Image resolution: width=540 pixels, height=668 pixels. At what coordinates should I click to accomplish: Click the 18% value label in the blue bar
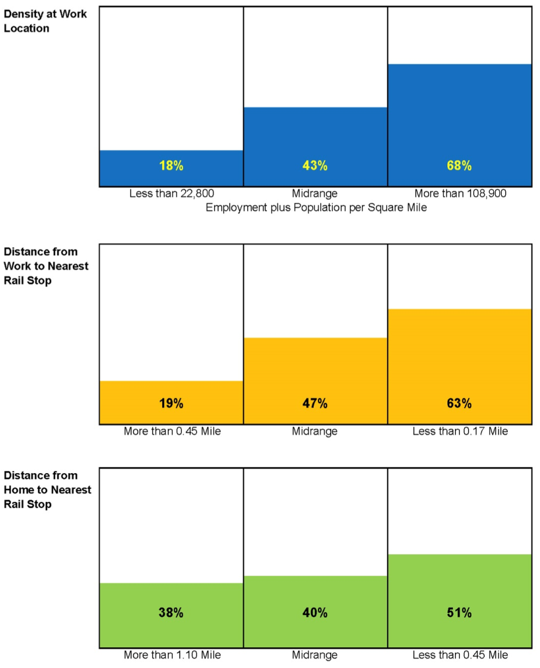point(171,166)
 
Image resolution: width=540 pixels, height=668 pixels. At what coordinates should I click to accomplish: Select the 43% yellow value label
point(315,166)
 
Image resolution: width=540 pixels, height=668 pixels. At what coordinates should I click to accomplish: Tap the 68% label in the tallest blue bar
point(459,166)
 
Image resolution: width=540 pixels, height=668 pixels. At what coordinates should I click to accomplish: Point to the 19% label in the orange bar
point(171,403)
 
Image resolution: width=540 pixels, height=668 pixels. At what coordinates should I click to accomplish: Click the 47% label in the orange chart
point(315,403)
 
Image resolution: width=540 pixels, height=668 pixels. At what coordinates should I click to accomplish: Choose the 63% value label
point(459,403)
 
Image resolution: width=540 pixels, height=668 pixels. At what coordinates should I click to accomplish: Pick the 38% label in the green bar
point(171,613)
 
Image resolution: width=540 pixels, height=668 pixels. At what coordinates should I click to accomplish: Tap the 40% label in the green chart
point(315,613)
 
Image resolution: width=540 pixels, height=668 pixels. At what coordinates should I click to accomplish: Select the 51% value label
point(459,613)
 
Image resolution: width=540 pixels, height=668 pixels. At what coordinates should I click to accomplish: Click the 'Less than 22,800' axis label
point(171,194)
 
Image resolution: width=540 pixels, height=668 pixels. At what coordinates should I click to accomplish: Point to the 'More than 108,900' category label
point(460,194)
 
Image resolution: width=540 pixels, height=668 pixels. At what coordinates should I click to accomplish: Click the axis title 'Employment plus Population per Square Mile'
point(316,207)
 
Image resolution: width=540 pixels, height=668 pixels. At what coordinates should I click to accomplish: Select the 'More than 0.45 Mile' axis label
point(172,431)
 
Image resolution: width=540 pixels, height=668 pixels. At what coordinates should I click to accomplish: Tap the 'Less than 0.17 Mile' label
point(460,431)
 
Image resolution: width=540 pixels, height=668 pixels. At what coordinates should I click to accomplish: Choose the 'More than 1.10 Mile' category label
point(172,655)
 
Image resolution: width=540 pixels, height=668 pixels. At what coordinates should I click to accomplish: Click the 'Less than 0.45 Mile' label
point(460,655)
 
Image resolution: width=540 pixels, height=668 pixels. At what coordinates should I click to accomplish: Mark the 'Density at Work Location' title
point(45,21)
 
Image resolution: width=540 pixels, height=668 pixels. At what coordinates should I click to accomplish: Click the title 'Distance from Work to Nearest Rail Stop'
point(46,265)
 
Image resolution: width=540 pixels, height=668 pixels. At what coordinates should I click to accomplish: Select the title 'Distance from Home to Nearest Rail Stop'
point(47,489)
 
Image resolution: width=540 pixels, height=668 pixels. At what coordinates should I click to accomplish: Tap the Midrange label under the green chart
point(315,655)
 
